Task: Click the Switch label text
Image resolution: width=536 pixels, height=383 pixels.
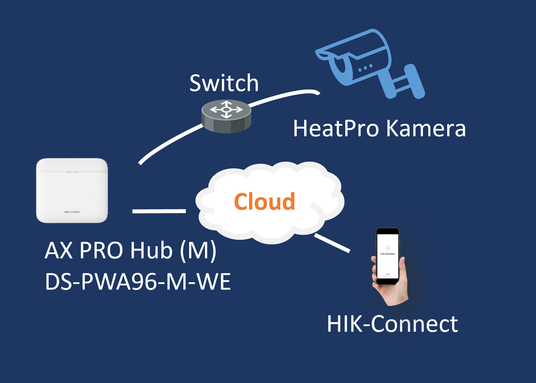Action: [x=224, y=83]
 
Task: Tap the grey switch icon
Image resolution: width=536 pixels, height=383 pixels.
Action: [x=226, y=116]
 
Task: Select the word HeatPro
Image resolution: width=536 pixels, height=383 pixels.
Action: [x=336, y=129]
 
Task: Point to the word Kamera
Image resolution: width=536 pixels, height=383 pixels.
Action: [x=426, y=129]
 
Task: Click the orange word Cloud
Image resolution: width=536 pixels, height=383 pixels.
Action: [x=264, y=202]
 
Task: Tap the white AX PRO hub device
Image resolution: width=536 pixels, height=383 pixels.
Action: [x=72, y=190]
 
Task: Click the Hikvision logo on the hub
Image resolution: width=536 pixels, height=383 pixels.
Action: [x=72, y=212]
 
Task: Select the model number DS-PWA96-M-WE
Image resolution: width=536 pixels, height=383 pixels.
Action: [x=138, y=282]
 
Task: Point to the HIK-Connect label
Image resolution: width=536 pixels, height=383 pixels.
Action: [x=392, y=324]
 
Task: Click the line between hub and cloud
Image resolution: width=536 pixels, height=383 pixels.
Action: [x=159, y=211]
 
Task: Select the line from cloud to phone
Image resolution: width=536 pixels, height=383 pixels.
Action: [x=332, y=243]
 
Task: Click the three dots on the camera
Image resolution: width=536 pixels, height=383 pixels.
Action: [x=365, y=68]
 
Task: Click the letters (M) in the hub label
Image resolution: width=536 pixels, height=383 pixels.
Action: [x=198, y=250]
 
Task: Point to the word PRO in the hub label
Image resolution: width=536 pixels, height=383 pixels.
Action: [x=101, y=250]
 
